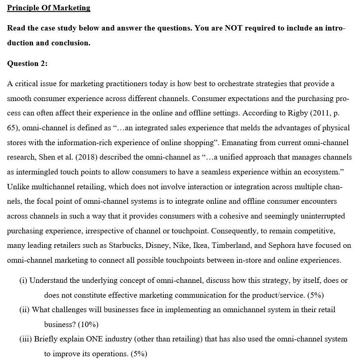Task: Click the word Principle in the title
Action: tap(24, 8)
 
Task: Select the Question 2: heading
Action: tap(27, 64)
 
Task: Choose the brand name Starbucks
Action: tap(125, 245)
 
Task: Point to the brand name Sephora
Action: tap(283, 245)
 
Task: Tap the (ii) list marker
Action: tap(24, 309)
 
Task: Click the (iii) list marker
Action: tap(26, 339)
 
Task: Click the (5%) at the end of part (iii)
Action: tap(138, 354)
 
